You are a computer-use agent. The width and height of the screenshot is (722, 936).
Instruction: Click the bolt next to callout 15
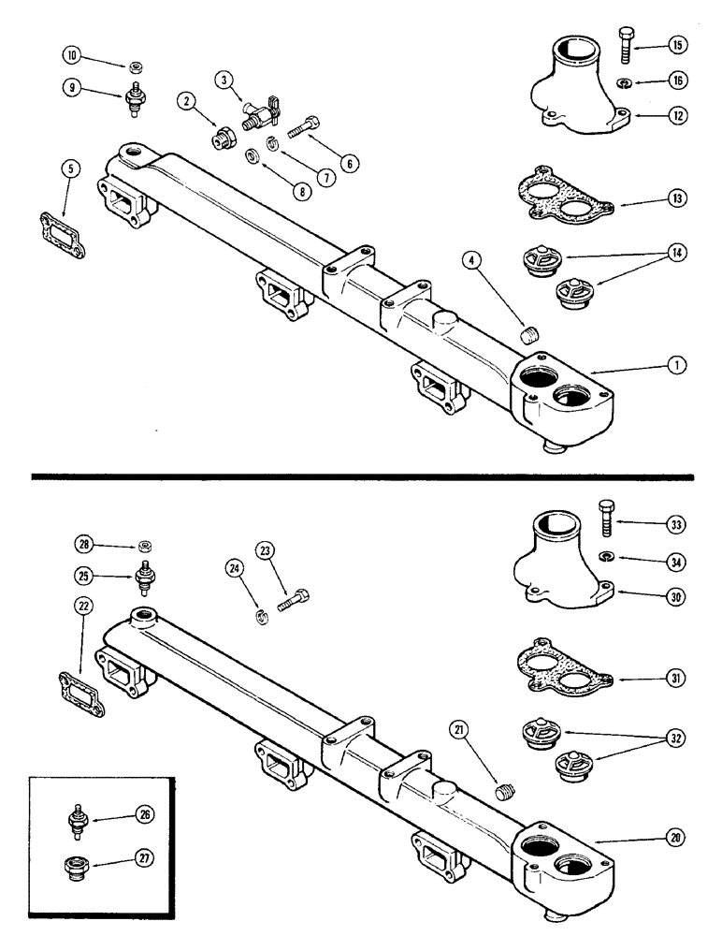point(626,45)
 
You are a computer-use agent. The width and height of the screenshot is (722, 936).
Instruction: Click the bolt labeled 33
point(603,519)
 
